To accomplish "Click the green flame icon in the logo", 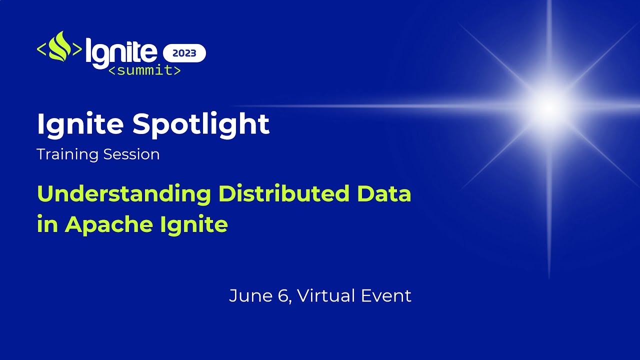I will [x=59, y=47].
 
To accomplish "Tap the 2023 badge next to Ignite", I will [x=184, y=53].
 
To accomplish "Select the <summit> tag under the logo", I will [x=144, y=70].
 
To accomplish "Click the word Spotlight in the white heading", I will [x=201, y=124].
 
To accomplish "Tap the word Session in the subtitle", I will [x=131, y=154].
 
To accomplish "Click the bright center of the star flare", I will [x=548, y=106].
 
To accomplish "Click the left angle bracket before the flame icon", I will [x=42, y=49].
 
